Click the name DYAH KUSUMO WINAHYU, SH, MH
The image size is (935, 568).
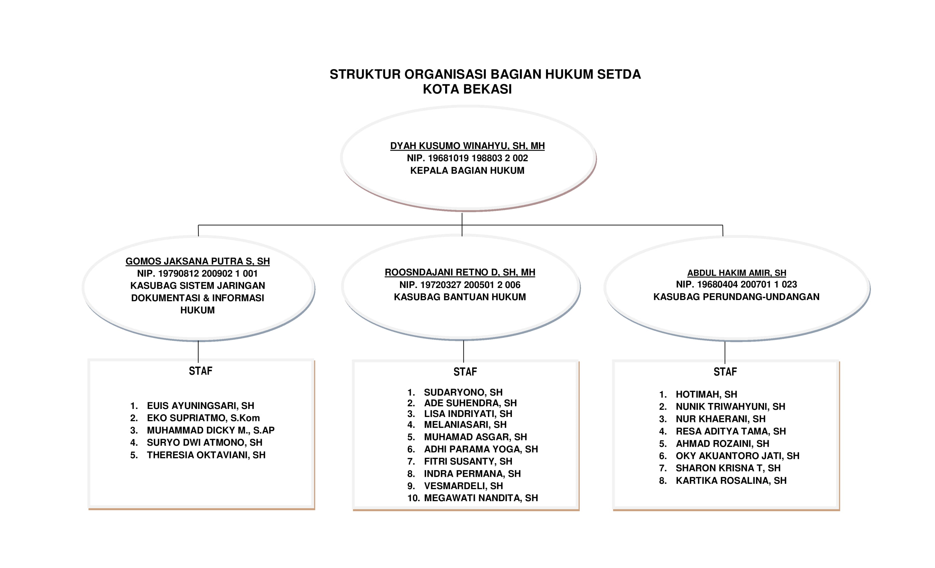click(x=467, y=146)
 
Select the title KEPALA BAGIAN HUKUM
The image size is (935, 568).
click(x=467, y=170)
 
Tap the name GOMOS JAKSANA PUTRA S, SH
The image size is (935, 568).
click(x=198, y=261)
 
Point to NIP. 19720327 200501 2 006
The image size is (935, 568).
click(x=460, y=285)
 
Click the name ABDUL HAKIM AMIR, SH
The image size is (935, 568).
click(x=737, y=273)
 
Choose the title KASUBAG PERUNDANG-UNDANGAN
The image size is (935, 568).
click(x=736, y=297)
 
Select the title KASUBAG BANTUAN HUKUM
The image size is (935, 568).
click(x=460, y=297)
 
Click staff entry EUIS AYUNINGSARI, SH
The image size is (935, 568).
click(x=200, y=406)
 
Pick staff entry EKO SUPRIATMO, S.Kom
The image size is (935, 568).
click(x=203, y=418)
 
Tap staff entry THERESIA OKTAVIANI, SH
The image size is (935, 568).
click(x=206, y=455)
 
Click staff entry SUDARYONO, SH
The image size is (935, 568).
click(x=463, y=393)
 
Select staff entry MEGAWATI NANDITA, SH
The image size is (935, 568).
click(x=481, y=498)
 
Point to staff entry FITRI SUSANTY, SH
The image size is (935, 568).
click(x=468, y=462)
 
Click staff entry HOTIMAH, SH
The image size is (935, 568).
click(x=706, y=395)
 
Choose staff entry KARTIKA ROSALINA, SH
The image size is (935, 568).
click(x=731, y=481)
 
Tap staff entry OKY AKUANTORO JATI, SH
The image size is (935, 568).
click(x=737, y=456)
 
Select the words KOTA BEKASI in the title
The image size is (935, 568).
click(x=467, y=89)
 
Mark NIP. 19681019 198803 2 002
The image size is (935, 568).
click(x=467, y=158)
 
